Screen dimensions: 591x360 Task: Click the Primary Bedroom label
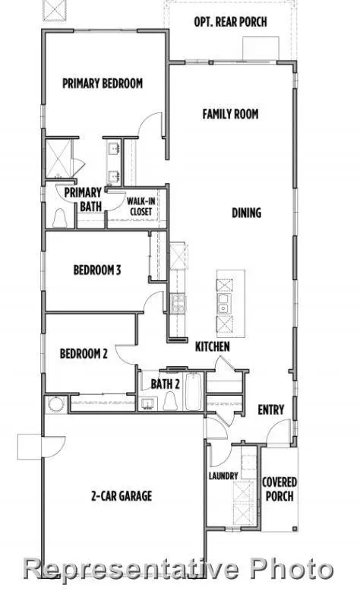pyautogui.click(x=103, y=84)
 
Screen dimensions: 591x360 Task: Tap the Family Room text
pyautogui.click(x=230, y=114)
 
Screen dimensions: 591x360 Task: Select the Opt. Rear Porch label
pyautogui.click(x=230, y=22)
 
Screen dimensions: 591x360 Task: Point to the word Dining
pyautogui.click(x=246, y=213)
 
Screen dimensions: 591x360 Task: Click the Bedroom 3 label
pyautogui.click(x=97, y=270)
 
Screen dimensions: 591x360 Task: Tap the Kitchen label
pyautogui.click(x=213, y=346)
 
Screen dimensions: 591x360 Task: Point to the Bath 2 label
pyautogui.click(x=165, y=384)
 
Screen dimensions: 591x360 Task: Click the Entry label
pyautogui.click(x=271, y=410)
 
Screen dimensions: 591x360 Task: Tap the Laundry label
pyautogui.click(x=223, y=476)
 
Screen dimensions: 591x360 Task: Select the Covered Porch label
pyautogui.click(x=279, y=489)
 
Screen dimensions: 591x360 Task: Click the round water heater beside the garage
pyautogui.click(x=55, y=404)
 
